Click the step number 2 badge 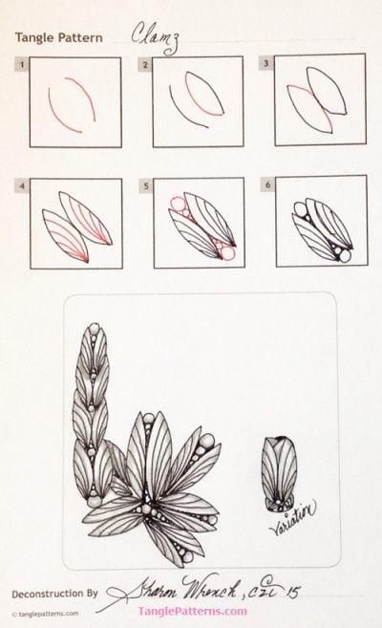tap(145, 65)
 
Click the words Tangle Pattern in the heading tap(58, 37)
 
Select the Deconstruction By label tap(55, 593)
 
